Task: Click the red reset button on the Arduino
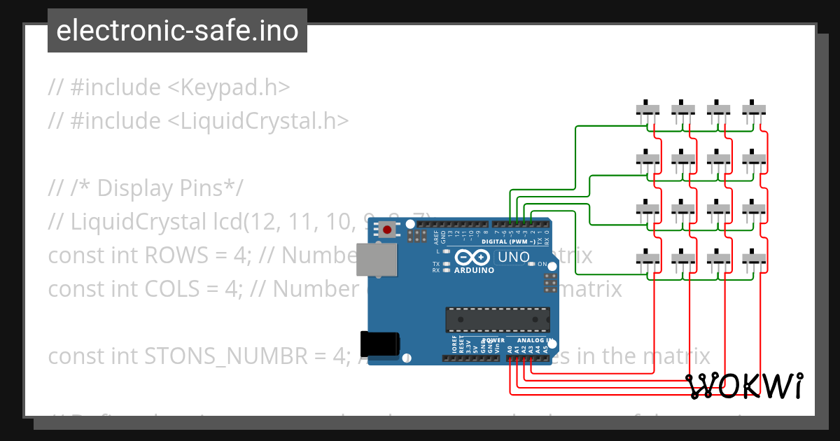point(386,229)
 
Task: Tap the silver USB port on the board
point(370,260)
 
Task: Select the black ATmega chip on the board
point(498,319)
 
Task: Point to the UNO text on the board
point(514,258)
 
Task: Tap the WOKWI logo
point(744,386)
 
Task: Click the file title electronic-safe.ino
point(177,31)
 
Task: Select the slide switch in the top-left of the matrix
point(647,109)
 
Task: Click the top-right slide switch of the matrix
point(754,109)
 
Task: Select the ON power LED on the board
point(532,264)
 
